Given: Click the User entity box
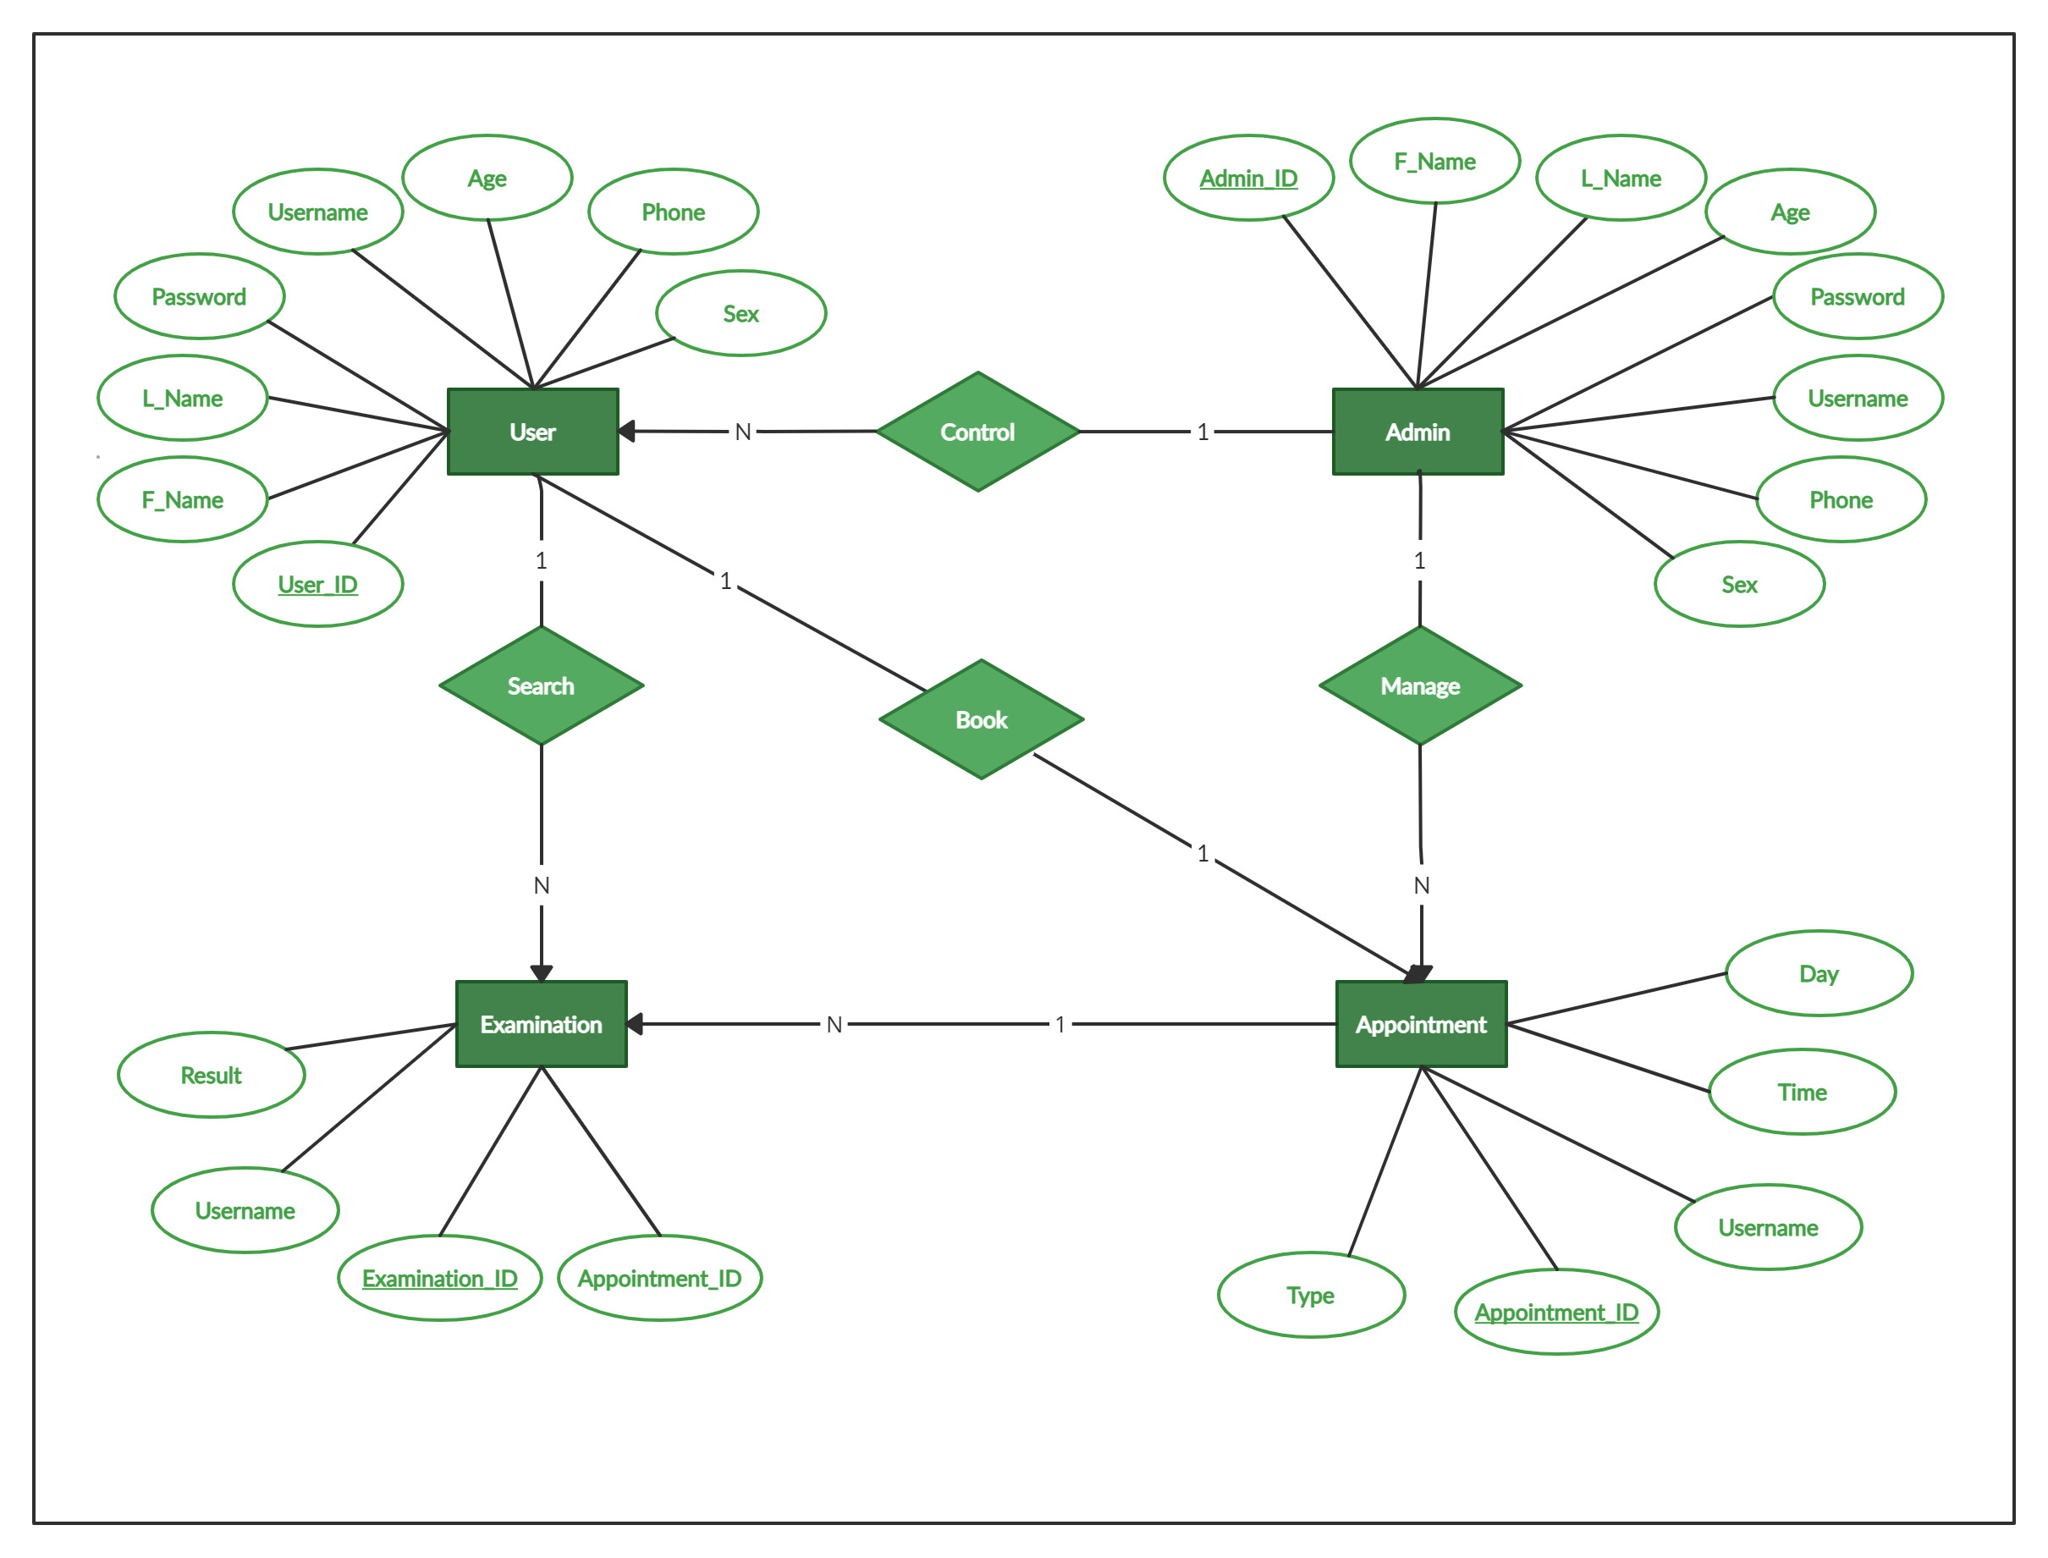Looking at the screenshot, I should click(532, 432).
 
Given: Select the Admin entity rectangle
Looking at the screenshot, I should click(1417, 432).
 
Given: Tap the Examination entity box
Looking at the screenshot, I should click(541, 1024).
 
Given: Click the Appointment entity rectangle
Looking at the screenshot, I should click(1420, 1024).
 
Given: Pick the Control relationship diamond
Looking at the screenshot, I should click(977, 432).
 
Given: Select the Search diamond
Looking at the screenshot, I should click(541, 685).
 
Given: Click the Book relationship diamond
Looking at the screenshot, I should click(981, 719).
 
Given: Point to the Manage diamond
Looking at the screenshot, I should click(1419, 685).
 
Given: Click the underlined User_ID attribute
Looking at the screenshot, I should click(317, 584).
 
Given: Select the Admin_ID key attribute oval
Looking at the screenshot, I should click(1248, 178).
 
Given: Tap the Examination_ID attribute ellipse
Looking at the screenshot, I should click(439, 1278).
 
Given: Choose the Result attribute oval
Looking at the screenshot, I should click(211, 1075).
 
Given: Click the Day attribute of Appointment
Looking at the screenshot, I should click(1818, 974).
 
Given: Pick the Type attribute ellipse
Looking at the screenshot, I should click(1310, 1295).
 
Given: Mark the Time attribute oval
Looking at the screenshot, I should click(1802, 1092).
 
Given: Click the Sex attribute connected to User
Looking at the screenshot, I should click(740, 313).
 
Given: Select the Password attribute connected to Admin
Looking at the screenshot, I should click(1857, 297).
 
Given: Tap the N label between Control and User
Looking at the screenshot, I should click(743, 432).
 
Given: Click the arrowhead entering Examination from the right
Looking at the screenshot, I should click(635, 1024).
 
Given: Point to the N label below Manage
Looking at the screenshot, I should click(1421, 886).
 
